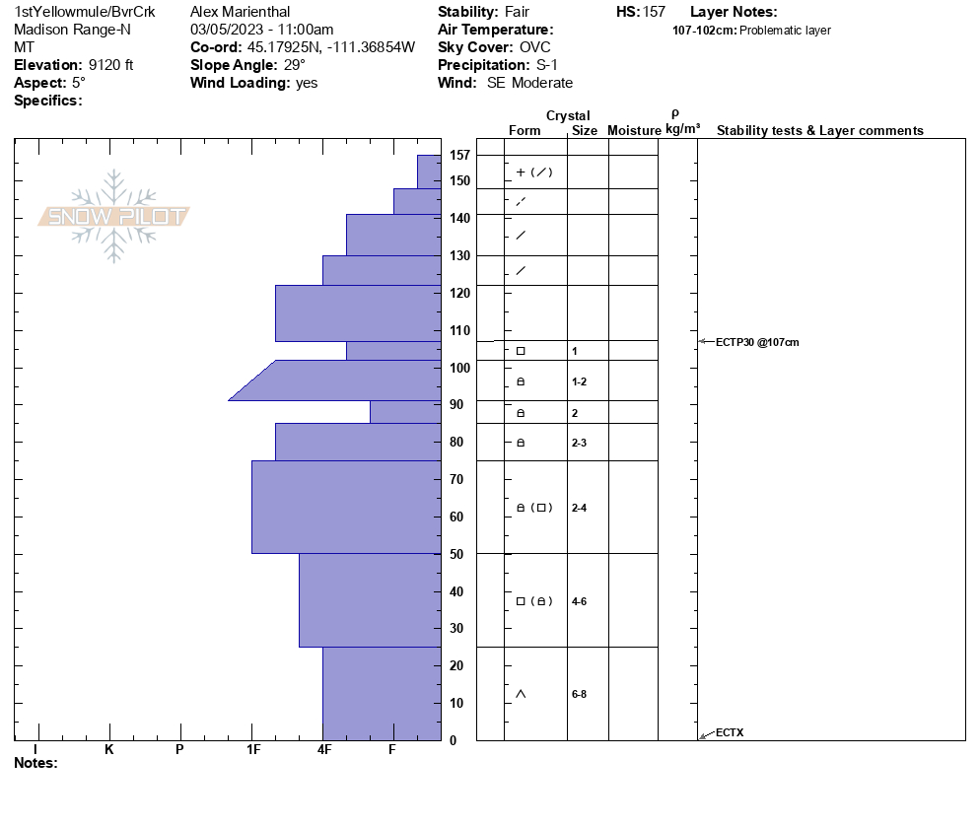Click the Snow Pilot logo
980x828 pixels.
point(114,217)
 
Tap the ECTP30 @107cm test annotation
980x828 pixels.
point(756,342)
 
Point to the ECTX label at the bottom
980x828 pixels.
point(730,732)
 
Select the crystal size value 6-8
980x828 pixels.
point(580,694)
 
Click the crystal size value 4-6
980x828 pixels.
point(580,601)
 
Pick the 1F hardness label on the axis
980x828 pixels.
point(253,750)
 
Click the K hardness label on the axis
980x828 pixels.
point(109,750)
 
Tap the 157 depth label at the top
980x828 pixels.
point(459,155)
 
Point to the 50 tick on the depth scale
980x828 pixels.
point(456,554)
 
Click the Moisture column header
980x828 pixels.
point(634,131)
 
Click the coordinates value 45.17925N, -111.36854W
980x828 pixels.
point(331,47)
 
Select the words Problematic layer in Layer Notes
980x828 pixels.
point(785,31)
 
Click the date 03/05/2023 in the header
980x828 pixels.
point(226,30)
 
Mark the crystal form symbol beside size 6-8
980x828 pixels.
point(521,694)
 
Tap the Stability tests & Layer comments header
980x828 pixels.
point(819,131)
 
